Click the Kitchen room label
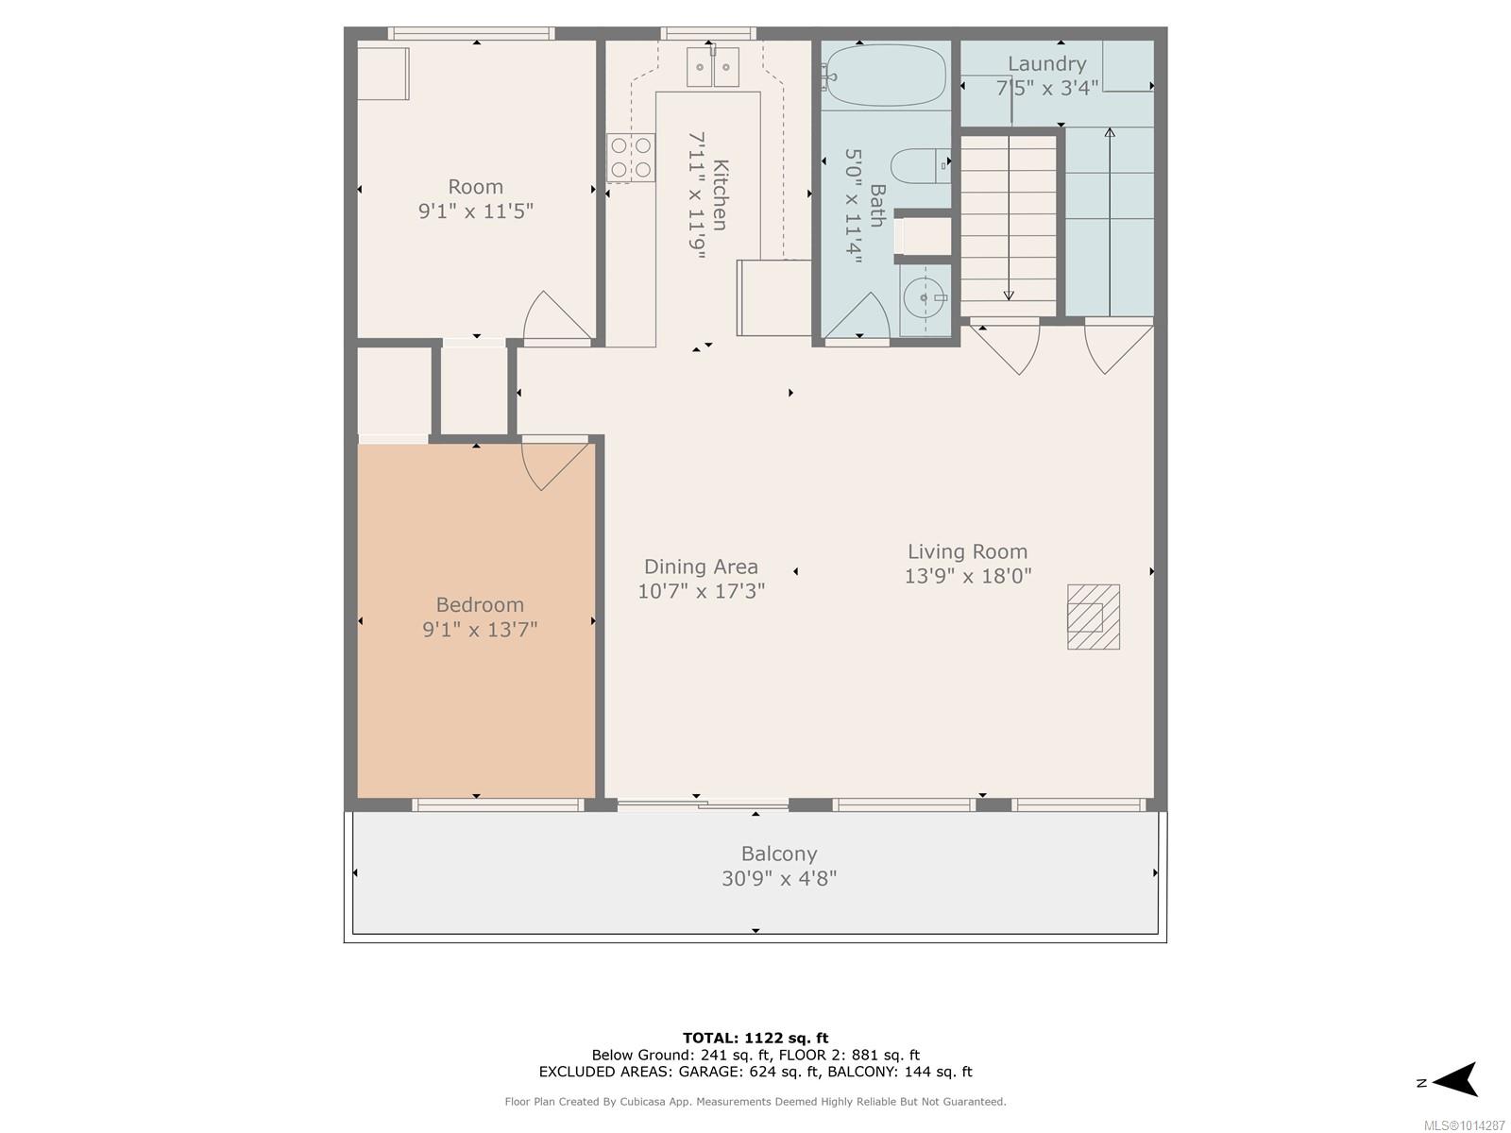(720, 194)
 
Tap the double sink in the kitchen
(712, 67)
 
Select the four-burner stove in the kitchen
(631, 158)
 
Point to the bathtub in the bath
(885, 75)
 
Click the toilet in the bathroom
(921, 166)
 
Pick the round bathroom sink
(924, 297)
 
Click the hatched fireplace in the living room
(1094, 617)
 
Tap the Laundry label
(1046, 64)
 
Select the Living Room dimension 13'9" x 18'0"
(967, 576)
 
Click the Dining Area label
(701, 566)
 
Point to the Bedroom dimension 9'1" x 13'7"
(479, 630)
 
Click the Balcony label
(778, 854)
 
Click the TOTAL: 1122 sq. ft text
(755, 1038)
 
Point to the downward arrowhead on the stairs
(1009, 296)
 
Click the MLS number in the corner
(1464, 1125)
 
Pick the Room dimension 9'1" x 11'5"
(476, 211)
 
